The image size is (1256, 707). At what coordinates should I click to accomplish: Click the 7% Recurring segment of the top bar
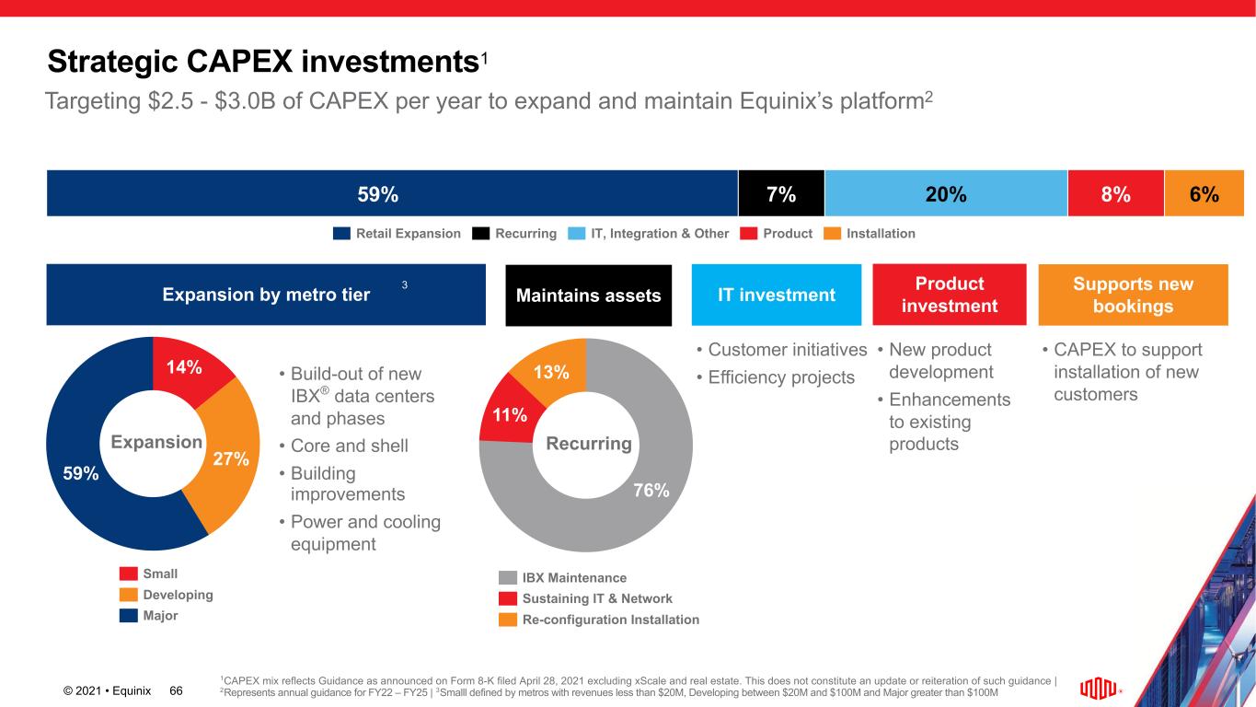(781, 193)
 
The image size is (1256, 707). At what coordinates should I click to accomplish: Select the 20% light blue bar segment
(946, 193)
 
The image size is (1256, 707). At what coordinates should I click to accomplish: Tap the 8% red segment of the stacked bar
(1115, 193)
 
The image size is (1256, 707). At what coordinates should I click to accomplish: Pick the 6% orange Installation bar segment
(1204, 193)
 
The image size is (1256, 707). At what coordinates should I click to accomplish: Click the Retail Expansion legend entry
(397, 234)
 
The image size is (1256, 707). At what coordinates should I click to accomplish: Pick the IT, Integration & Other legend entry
(648, 234)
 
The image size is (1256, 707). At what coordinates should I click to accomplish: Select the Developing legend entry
(167, 595)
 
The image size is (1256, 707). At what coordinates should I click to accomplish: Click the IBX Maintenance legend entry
(563, 578)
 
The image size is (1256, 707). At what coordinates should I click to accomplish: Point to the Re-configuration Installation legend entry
(599, 620)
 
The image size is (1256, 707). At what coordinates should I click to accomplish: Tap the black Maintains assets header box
(589, 296)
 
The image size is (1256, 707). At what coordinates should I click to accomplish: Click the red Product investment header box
(949, 295)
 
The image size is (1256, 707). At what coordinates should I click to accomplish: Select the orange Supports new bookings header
(1133, 295)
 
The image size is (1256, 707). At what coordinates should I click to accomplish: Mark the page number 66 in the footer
(177, 690)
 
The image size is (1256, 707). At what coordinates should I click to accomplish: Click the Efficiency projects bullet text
(776, 377)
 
